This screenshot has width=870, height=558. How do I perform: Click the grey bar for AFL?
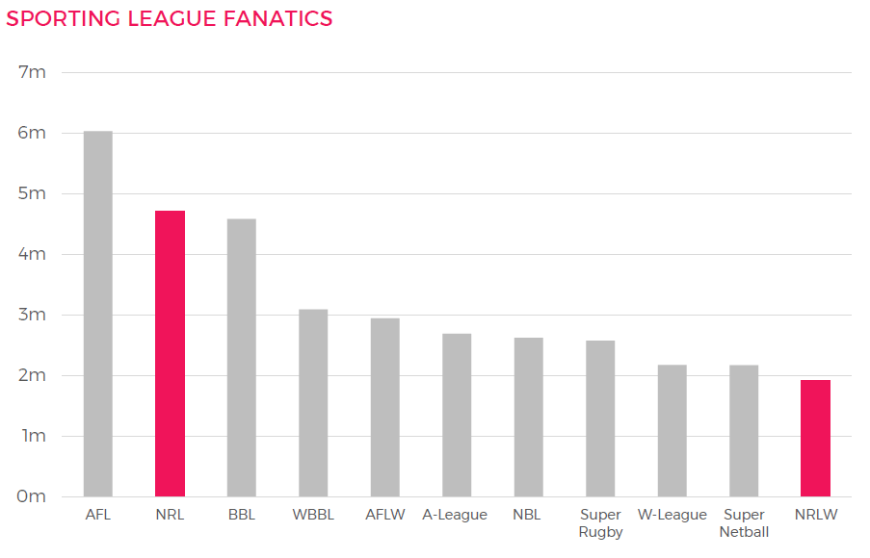click(x=98, y=314)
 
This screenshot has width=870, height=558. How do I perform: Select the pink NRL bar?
click(x=170, y=353)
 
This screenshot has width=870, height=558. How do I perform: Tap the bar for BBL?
click(x=242, y=358)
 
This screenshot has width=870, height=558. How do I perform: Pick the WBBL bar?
click(x=313, y=403)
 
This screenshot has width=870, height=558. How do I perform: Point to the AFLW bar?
click(x=385, y=407)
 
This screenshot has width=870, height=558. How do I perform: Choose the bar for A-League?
click(x=457, y=415)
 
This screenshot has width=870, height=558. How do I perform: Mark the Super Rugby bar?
click(x=600, y=418)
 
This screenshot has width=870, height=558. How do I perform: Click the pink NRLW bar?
click(x=815, y=438)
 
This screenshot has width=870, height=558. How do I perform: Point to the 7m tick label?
click(x=33, y=73)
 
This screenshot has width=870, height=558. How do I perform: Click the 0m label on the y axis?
click(x=33, y=496)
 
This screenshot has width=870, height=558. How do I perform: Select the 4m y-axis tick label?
click(x=33, y=255)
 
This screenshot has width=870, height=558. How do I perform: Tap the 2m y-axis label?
click(x=33, y=375)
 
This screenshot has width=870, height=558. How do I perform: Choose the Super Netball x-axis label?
click(x=744, y=523)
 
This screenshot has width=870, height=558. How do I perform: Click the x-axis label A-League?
click(x=455, y=515)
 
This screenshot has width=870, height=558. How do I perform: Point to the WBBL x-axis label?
click(x=313, y=515)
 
